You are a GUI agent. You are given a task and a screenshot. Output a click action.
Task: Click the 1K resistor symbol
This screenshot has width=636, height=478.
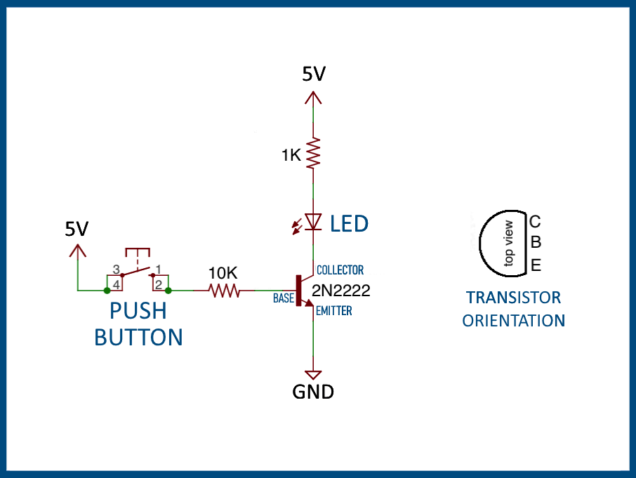(313, 152)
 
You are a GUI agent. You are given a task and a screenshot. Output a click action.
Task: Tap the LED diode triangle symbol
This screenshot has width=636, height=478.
(313, 222)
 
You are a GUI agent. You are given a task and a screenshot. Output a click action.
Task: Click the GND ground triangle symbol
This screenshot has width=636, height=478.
(313, 375)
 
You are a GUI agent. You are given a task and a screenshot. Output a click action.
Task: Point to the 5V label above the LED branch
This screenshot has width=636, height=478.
(314, 74)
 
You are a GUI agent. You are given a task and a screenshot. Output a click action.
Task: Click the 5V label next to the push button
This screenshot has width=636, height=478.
(77, 229)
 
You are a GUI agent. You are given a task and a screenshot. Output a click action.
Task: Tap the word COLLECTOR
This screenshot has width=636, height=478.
(340, 270)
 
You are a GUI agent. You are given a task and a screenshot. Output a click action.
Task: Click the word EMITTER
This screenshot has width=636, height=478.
(334, 310)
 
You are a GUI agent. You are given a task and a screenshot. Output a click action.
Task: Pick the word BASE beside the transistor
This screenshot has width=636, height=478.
(284, 298)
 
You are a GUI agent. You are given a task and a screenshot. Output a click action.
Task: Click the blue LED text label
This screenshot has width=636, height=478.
(350, 225)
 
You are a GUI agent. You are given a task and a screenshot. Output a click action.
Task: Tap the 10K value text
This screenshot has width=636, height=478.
(224, 271)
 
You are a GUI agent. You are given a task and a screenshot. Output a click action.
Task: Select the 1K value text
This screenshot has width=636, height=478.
(291, 156)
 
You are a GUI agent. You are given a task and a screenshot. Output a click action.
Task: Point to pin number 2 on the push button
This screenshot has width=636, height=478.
(159, 284)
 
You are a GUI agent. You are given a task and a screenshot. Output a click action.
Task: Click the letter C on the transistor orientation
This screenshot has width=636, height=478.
(535, 222)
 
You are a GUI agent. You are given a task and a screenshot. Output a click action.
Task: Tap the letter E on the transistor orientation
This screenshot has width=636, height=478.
(536, 265)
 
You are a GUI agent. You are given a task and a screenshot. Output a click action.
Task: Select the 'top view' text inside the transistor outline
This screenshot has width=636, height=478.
(509, 244)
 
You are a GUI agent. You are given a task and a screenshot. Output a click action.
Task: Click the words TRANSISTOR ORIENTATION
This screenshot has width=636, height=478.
(513, 309)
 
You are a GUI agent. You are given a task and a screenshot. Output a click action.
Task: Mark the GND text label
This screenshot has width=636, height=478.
(313, 392)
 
